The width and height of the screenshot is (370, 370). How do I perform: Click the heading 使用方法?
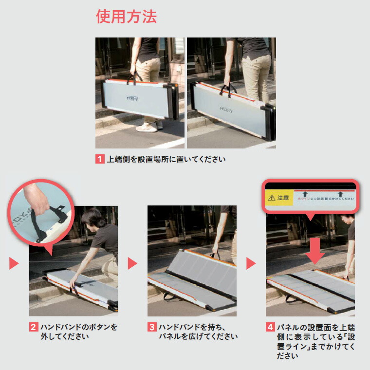click(126, 17)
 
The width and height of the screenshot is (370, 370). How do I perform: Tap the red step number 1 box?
click(100, 159)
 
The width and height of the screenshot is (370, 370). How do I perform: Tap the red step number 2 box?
click(34, 327)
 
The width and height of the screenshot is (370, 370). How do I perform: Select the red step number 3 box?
click(152, 327)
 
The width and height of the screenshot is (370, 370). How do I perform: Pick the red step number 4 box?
click(270, 327)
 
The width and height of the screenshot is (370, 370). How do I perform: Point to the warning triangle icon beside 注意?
click(271, 198)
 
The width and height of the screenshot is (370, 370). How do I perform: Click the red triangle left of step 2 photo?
click(14, 263)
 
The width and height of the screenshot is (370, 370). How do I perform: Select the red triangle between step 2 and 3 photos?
click(132, 263)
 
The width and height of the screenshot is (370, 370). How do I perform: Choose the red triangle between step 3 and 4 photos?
click(251, 263)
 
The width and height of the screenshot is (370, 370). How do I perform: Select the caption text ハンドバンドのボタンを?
click(79, 327)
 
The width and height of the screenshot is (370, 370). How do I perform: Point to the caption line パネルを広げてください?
click(198, 336)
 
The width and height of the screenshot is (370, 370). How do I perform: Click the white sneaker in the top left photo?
click(146, 128)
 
